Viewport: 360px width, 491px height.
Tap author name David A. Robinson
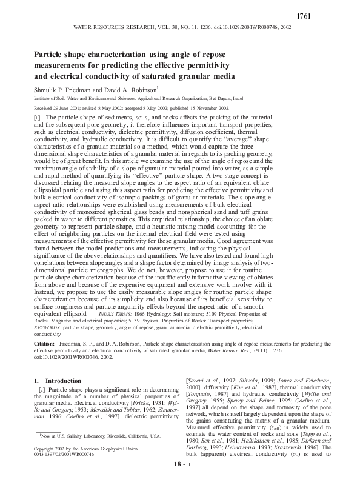(128, 89)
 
